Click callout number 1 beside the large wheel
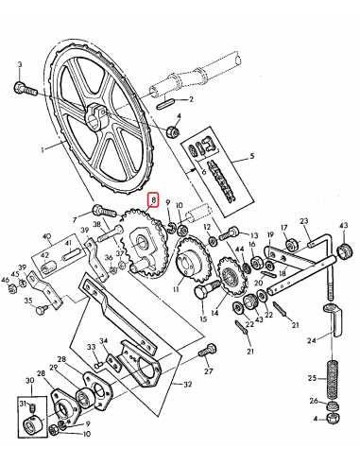[43, 149]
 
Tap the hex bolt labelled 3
[23, 87]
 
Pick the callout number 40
[46, 238]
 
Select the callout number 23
[304, 223]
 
